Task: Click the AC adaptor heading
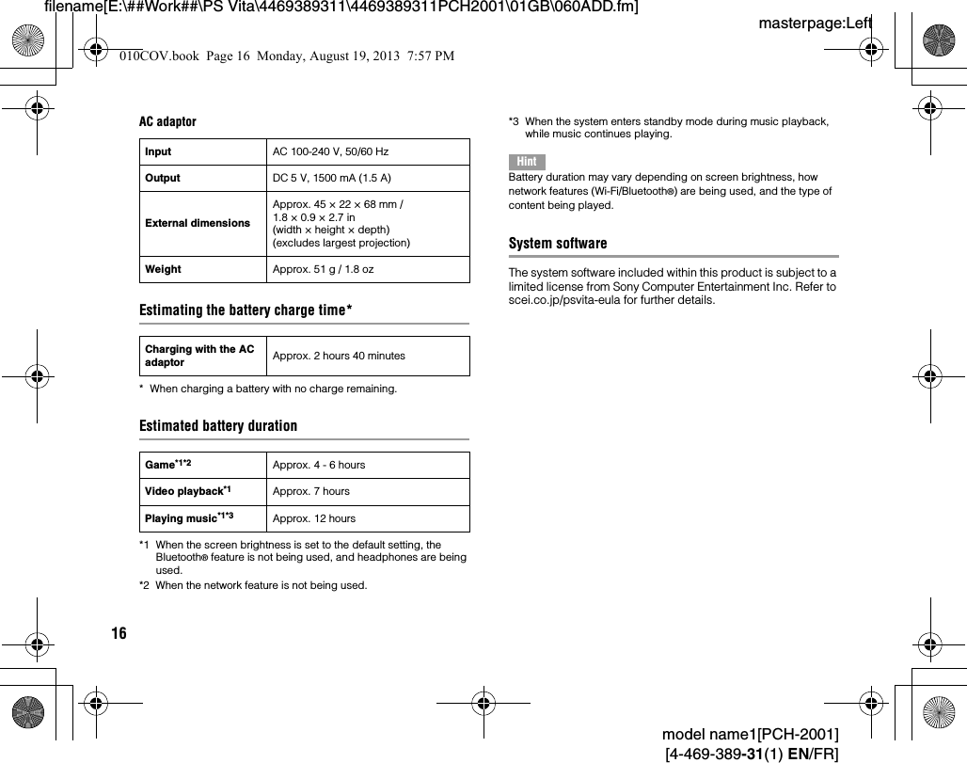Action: point(168,121)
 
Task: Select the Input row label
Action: point(158,151)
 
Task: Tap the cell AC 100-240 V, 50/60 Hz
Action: point(330,151)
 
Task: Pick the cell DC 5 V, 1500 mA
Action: point(331,178)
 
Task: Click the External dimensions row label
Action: point(198,223)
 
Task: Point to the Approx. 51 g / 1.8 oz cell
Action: point(323,269)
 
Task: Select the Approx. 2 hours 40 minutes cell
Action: point(339,356)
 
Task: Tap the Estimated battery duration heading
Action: point(218,425)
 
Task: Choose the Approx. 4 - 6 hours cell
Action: point(318,465)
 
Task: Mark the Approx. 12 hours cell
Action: point(314,518)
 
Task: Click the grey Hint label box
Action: point(527,161)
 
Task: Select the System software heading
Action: point(558,244)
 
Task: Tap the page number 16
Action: point(119,633)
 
